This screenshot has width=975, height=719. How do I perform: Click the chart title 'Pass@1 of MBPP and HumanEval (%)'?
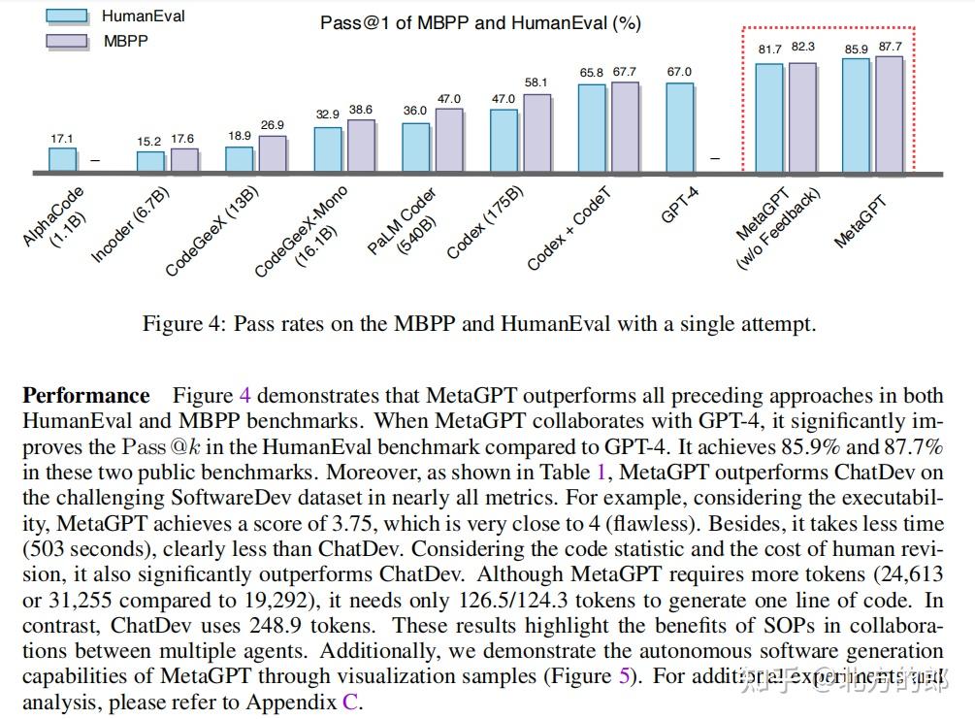click(x=480, y=22)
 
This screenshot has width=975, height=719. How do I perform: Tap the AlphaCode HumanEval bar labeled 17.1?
click(x=62, y=160)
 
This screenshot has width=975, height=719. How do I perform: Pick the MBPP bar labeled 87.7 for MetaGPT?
click(x=889, y=114)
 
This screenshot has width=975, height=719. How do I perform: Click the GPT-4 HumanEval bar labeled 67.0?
click(x=680, y=128)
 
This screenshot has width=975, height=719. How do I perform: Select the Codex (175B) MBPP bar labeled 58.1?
click(x=536, y=134)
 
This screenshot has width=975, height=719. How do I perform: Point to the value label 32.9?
click(x=328, y=114)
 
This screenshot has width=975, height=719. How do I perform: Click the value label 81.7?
click(x=769, y=49)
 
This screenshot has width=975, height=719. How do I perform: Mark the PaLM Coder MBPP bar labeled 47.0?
click(x=449, y=141)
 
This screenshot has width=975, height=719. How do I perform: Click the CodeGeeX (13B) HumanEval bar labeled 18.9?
click(x=239, y=160)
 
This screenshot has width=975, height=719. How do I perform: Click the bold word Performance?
click(x=86, y=395)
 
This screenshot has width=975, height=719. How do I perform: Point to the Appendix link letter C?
click(x=350, y=703)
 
